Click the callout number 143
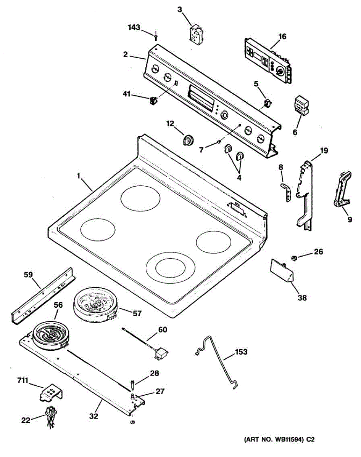134,27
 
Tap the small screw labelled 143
156,37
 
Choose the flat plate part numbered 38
282,270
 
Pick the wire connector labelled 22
50,415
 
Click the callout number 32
93,416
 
